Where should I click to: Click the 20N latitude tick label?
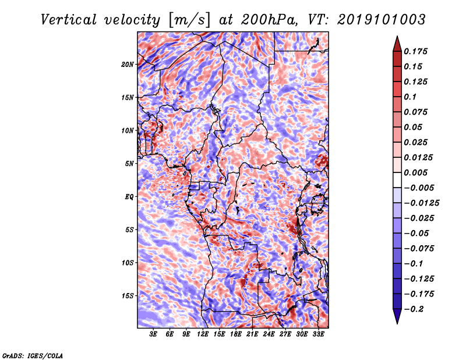pos(128,65)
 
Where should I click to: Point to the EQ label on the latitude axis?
pos(129,197)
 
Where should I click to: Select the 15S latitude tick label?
pos(128,296)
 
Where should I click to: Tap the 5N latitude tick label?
pos(129,164)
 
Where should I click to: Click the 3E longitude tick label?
pos(153,334)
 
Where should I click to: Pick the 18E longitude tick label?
pos(236,334)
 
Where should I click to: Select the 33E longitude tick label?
pos(318,334)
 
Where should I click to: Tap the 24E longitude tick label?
pos(269,334)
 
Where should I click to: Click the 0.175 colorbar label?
pos(415,51)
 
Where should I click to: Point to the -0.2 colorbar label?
pos(414,309)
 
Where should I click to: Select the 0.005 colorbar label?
pos(415,172)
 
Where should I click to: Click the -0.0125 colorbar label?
pos(421,203)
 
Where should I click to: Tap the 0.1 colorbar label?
pos(410,97)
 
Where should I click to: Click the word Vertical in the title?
pos(69,20)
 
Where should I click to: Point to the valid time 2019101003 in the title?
pos(382,20)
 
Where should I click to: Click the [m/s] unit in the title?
pos(189,20)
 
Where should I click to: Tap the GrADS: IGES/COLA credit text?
pos(33,355)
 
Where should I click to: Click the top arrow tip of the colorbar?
pos(397,36)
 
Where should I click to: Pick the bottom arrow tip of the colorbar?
pos(397,324)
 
